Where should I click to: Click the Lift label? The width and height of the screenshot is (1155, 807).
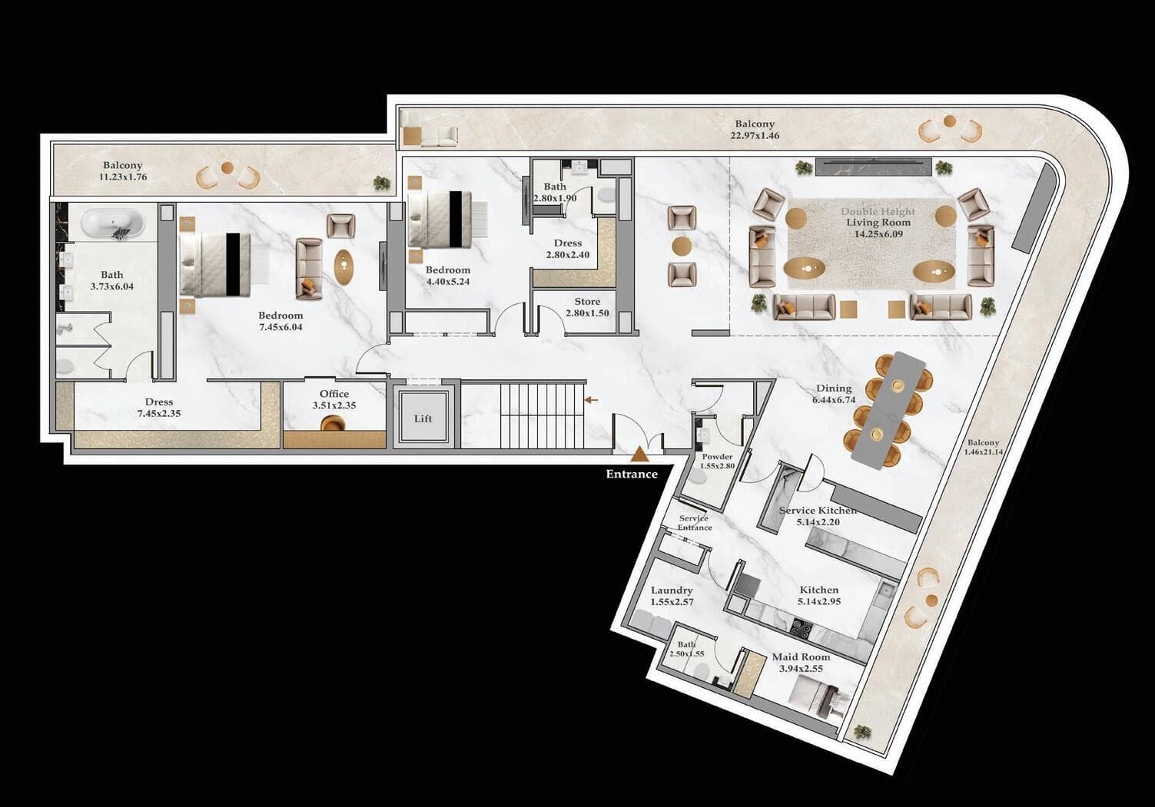point(423,418)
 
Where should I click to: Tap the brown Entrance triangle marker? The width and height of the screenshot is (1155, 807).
point(639,456)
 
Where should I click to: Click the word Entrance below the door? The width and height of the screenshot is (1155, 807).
point(632,474)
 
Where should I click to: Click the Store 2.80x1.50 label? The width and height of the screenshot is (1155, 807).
point(587,306)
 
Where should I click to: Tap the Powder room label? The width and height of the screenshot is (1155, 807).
point(717,461)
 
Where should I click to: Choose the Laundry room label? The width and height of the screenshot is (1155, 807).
point(672,596)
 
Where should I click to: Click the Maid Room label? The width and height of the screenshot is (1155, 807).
point(801,662)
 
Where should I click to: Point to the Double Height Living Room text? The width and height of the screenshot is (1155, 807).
point(878,217)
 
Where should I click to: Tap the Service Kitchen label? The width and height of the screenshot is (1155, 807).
point(818,516)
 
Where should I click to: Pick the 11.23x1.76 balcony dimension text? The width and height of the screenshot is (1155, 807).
point(123,177)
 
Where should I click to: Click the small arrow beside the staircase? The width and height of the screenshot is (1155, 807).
point(592,400)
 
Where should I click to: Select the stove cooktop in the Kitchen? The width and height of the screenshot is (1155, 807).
point(802,628)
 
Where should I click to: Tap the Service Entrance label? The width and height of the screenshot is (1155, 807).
point(694,523)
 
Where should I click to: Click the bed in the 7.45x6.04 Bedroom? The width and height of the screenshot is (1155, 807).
point(215,264)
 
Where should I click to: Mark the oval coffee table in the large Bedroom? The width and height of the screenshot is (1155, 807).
point(345,265)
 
